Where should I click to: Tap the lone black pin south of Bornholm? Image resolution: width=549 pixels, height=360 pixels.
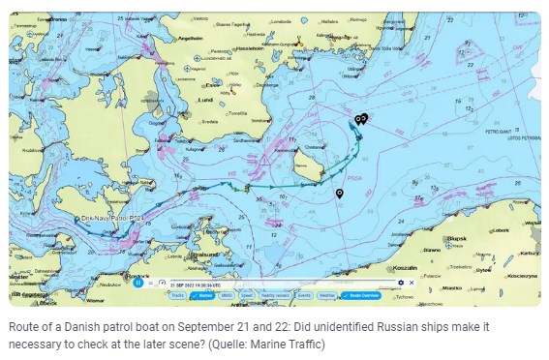pyautogui.click(x=339, y=194)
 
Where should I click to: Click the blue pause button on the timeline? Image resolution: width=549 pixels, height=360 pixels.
pyautogui.click(x=138, y=284)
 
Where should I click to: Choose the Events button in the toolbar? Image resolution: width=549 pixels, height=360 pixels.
pyautogui.click(x=304, y=294)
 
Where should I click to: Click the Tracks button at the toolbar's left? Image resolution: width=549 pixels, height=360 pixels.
pyautogui.click(x=176, y=294)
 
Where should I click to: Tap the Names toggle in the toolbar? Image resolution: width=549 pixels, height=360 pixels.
pyautogui.click(x=204, y=294)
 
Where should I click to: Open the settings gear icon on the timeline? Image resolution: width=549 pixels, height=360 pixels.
pyautogui.click(x=401, y=284)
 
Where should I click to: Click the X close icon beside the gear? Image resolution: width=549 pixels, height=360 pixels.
pyautogui.click(x=411, y=284)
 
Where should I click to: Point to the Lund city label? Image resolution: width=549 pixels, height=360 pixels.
pyautogui.click(x=205, y=99)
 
